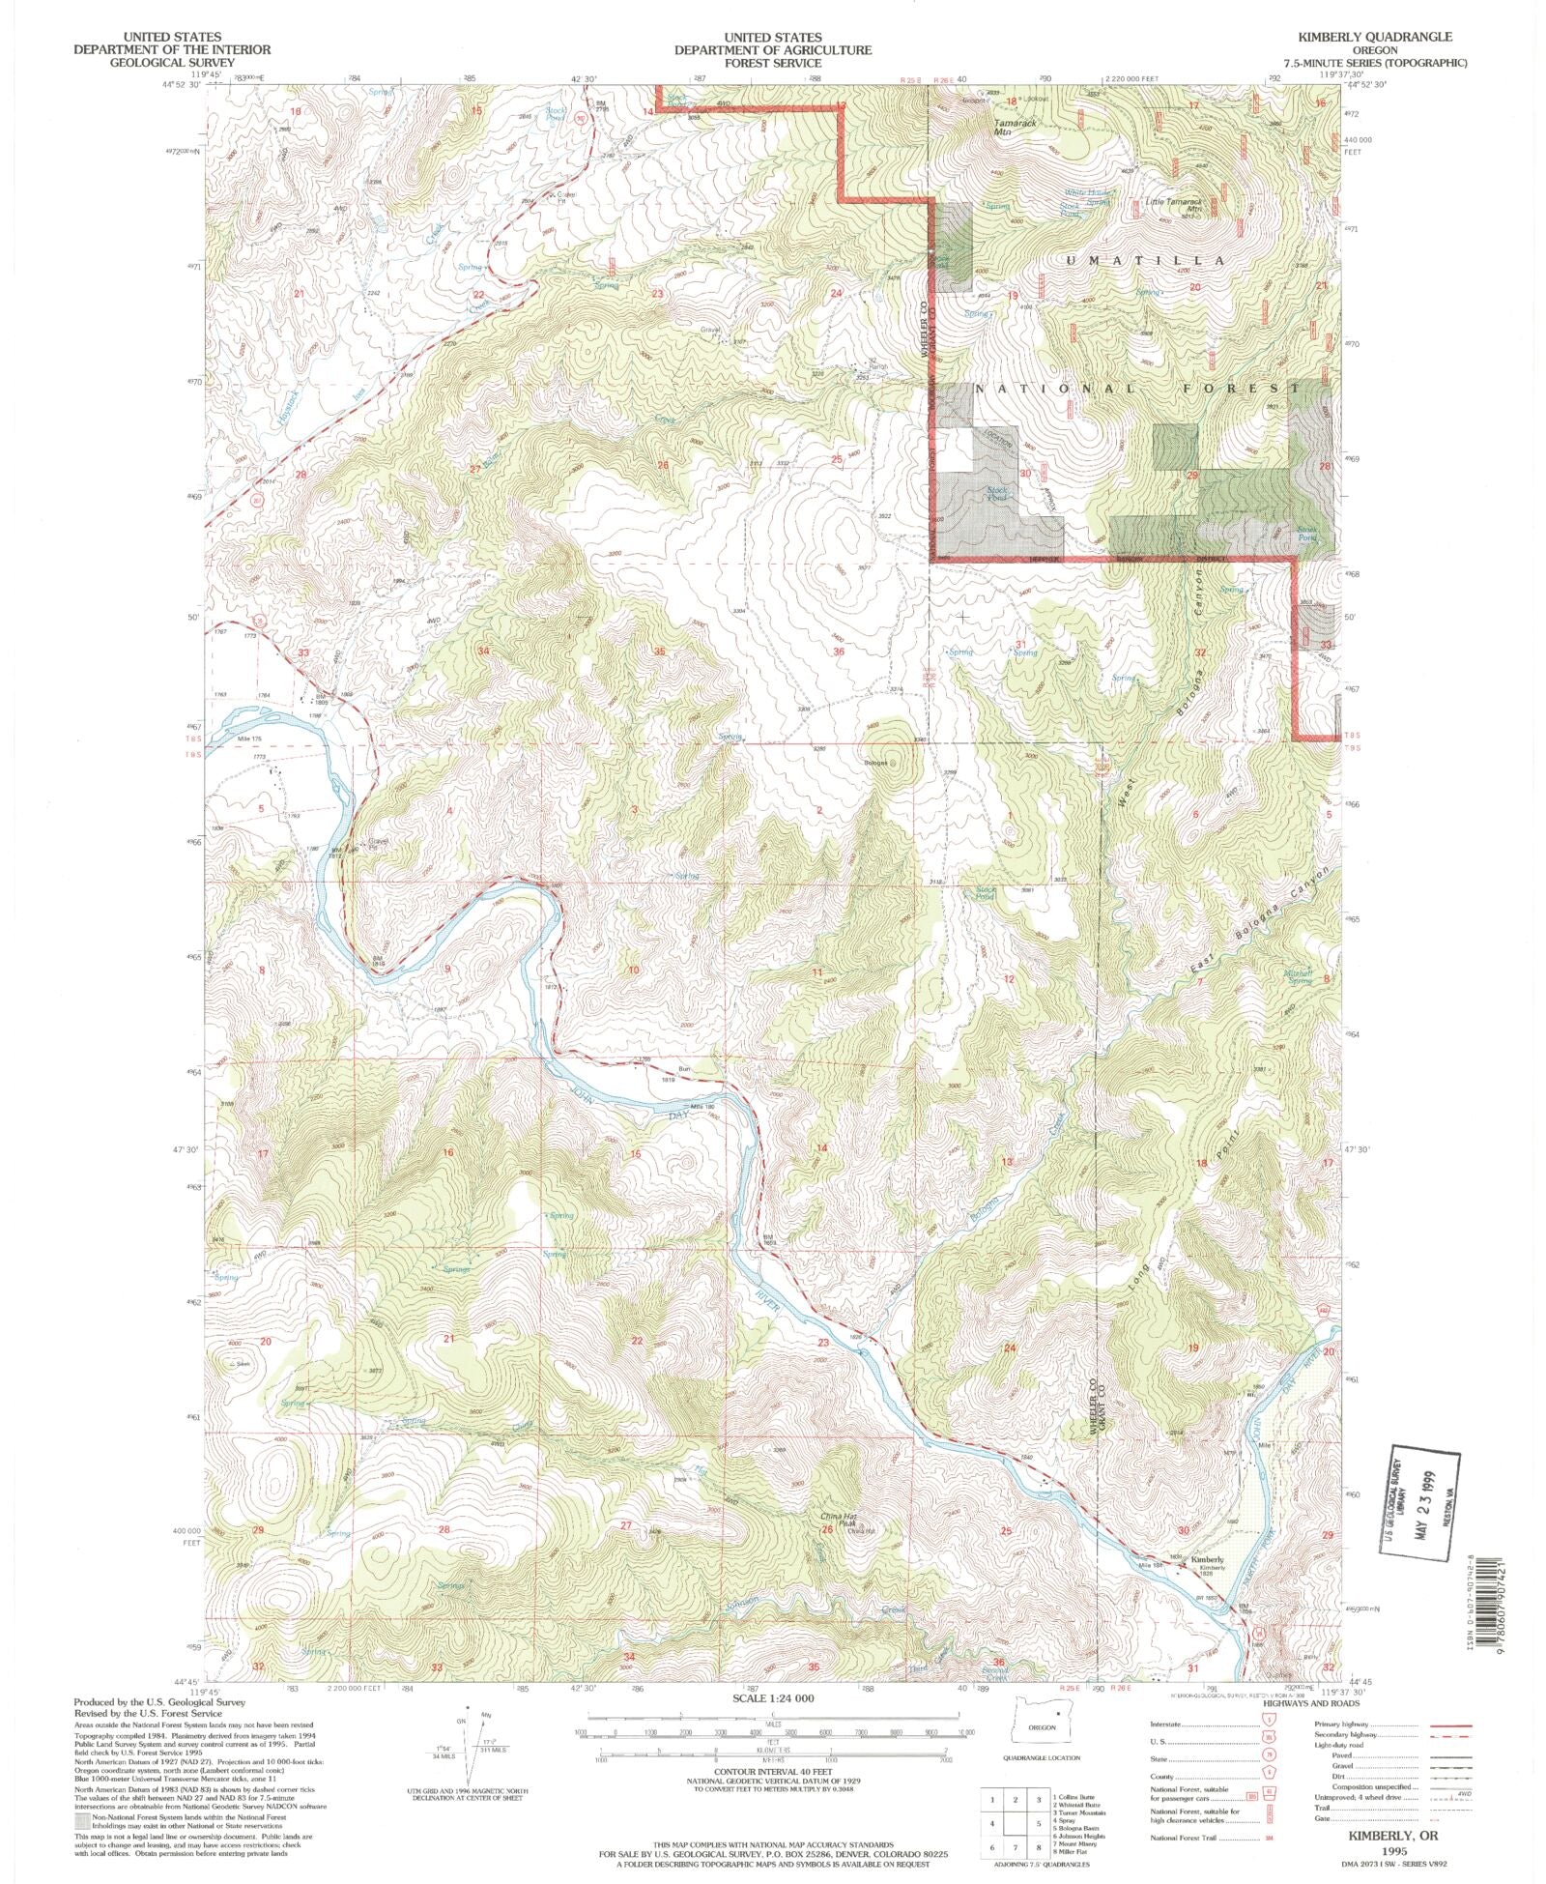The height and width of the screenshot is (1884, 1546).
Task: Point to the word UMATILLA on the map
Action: [x=1144, y=261]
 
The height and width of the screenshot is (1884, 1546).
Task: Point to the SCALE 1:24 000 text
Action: [x=772, y=1698]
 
